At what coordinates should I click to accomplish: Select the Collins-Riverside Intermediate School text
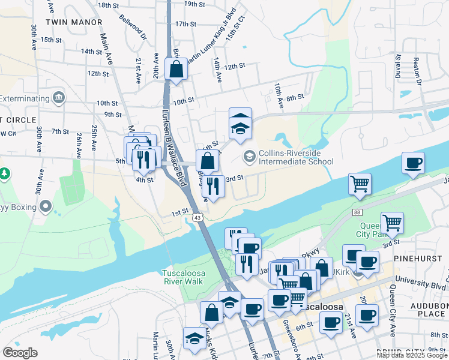pyautogui.click(x=296, y=157)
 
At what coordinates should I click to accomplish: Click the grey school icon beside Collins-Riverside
pyautogui.click(x=249, y=157)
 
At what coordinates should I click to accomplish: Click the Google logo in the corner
pyautogui.click(x=20, y=352)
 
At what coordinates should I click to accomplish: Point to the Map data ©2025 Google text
pyautogui.click(x=411, y=355)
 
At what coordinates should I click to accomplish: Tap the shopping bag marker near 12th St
pyautogui.click(x=176, y=70)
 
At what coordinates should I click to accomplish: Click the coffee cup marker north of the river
pyautogui.click(x=412, y=163)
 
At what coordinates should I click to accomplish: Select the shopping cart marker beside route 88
pyautogui.click(x=360, y=184)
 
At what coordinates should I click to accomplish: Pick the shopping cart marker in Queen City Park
pyautogui.click(x=392, y=223)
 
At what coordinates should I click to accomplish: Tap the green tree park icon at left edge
pyautogui.click(x=5, y=174)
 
